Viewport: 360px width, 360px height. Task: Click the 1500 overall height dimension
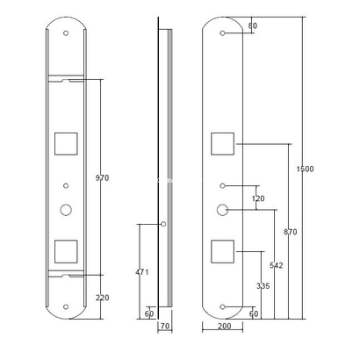tap(306, 168)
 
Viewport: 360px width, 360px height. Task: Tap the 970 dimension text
tap(102, 178)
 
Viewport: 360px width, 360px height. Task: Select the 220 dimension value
tap(102, 299)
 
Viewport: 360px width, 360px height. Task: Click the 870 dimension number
tap(291, 232)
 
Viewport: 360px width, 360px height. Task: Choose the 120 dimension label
tap(258, 199)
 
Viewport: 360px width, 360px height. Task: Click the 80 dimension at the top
tap(253, 26)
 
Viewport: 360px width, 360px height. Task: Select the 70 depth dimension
tap(163, 326)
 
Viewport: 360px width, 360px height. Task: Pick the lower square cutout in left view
tap(66, 250)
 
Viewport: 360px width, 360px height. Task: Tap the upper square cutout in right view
tap(223, 142)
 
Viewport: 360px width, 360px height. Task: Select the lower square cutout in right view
tap(223, 250)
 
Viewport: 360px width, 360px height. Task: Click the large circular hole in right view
tap(223, 210)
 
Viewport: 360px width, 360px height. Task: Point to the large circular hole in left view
tap(66, 210)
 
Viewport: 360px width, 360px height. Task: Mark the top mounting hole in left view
tap(66, 32)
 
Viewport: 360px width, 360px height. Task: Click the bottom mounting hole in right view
tap(223, 306)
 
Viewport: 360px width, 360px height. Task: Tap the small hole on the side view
tap(163, 223)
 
